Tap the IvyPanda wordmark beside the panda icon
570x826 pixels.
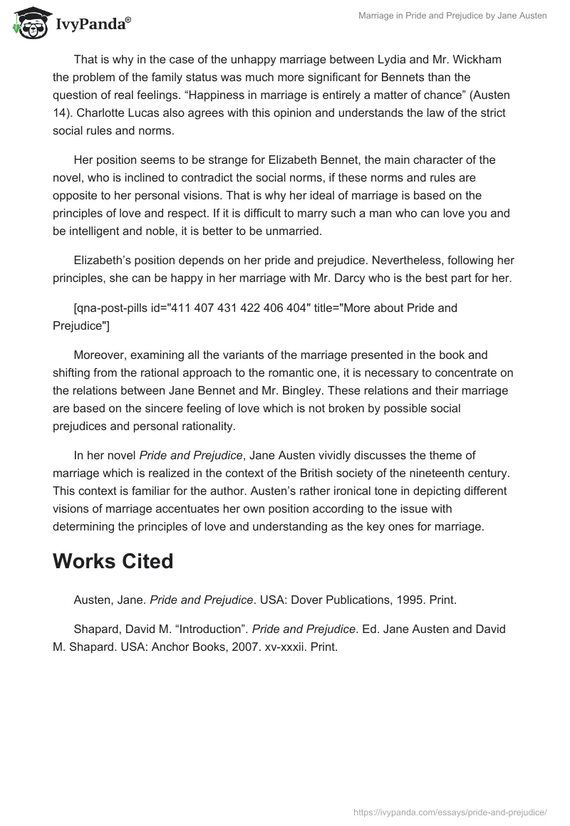click(93, 24)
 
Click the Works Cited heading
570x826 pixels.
click(113, 561)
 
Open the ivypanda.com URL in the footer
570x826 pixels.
click(450, 812)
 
